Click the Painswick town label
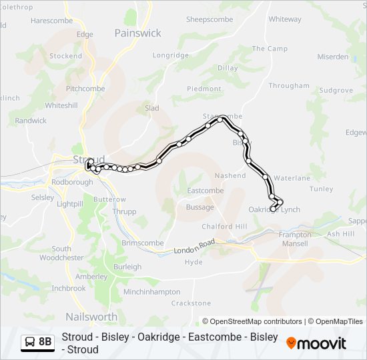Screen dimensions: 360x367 [x=137, y=33]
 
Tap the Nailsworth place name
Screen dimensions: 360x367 [x=91, y=317]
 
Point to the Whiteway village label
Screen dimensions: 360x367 [x=285, y=19]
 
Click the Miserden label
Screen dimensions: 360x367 [x=332, y=57]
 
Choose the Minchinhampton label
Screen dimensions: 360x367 [x=152, y=292]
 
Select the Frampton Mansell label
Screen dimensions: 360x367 [x=295, y=239]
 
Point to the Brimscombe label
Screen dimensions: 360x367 [x=143, y=243]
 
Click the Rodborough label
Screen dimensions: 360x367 [x=71, y=182]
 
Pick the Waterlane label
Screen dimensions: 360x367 [x=292, y=179]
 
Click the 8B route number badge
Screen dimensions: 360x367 [x=45, y=342]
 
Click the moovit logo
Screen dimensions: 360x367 [x=316, y=343]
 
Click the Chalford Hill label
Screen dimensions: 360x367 [x=224, y=227]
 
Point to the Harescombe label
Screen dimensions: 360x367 [x=51, y=21]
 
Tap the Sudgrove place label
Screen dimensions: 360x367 [x=336, y=90]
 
